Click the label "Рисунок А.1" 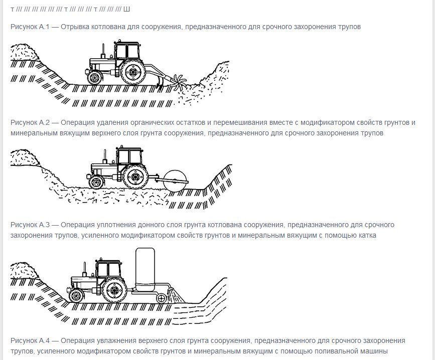pos(30,27)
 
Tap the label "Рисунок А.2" pos(30,122)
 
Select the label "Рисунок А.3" pos(30,225)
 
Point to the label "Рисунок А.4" pos(30,340)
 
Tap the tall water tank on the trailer pos(145,269)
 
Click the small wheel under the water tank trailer pos(161,298)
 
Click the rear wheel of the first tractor pos(133,72)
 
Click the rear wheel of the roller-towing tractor pos(135,177)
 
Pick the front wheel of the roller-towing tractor pos(96,182)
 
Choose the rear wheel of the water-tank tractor pos(114,290)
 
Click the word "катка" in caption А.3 pos(367,235)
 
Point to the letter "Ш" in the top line pos(126,10)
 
